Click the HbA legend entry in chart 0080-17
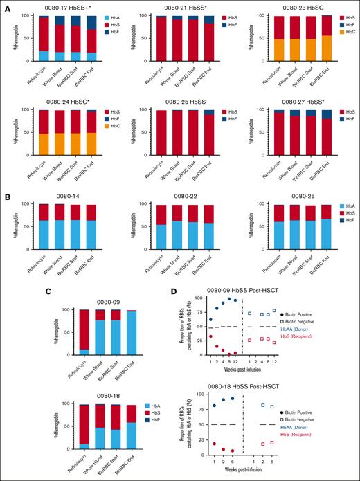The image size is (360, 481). [102, 17]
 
